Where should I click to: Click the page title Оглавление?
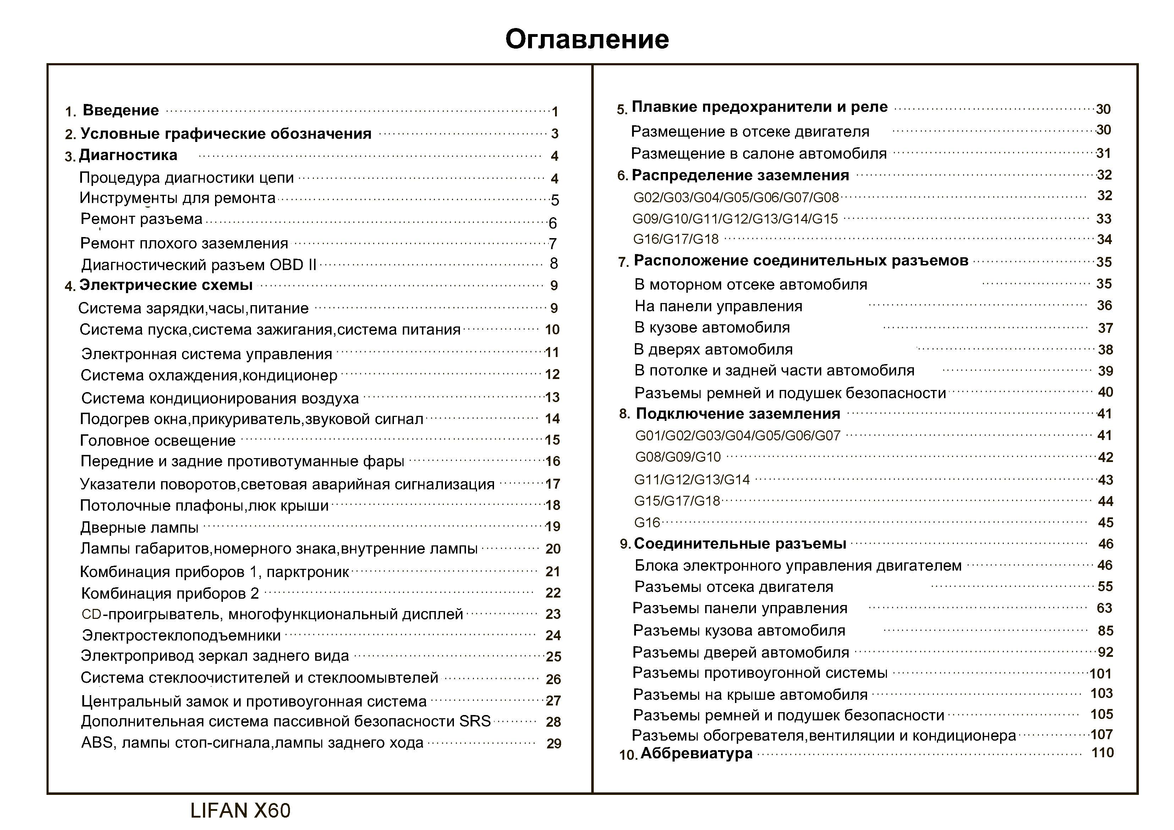tap(587, 39)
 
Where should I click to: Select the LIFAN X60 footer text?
tap(240, 810)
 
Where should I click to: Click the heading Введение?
tap(121, 110)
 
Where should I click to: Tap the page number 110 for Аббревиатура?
tap(1102, 753)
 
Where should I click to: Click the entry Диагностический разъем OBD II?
tap(198, 265)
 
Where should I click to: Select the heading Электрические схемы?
tap(166, 285)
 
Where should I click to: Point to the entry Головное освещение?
tap(158, 440)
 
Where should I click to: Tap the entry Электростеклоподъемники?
tap(181, 635)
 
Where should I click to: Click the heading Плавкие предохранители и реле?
tap(759, 107)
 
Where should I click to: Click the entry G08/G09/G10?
tap(677, 457)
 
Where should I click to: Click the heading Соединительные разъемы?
tap(739, 544)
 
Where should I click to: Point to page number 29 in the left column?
tap(553, 743)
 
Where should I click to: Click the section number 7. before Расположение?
tap(623, 262)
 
